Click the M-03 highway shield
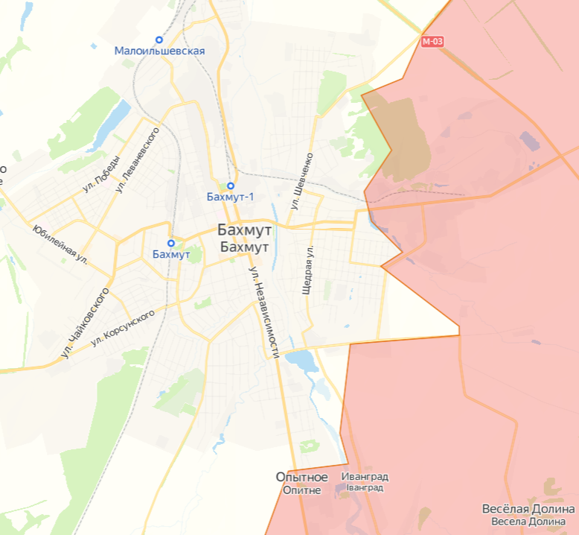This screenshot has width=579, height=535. coord(432,42)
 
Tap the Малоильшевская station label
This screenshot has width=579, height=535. coord(159,51)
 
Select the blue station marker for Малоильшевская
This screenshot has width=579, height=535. coord(159,39)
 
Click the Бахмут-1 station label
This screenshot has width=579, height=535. coord(230,197)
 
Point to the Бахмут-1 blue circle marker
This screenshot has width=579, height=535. coord(231,186)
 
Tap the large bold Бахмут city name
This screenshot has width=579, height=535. coord(245,230)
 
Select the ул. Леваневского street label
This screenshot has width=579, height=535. coord(138,159)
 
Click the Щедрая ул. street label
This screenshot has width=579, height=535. coord(307,270)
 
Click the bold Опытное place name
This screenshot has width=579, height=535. coord(301,477)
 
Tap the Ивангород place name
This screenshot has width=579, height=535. coord(365,477)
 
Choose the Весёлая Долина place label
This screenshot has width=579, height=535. coord(528,510)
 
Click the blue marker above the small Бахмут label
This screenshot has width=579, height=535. coord(171,243)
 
